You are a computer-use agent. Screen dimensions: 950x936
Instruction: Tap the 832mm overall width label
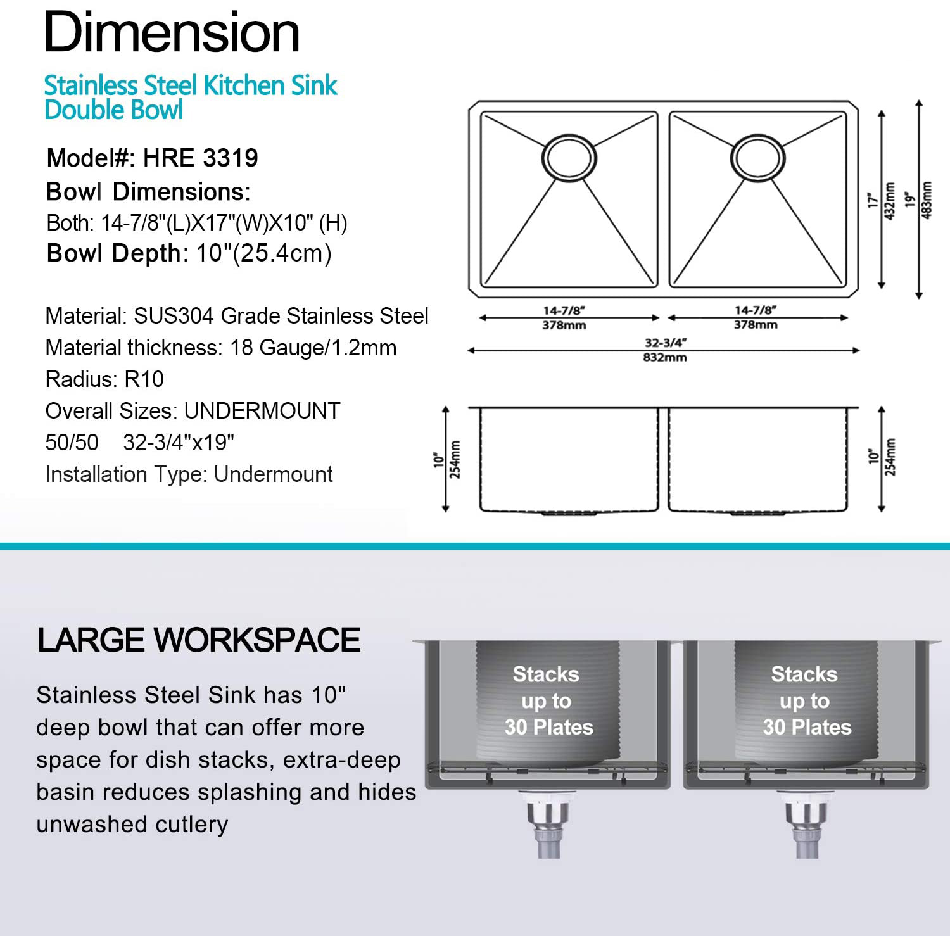click(x=665, y=358)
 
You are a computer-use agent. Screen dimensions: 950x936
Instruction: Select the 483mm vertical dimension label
click(x=927, y=200)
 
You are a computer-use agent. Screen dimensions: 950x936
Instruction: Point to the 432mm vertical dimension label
click(x=890, y=201)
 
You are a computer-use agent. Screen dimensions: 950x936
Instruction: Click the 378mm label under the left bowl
click(x=564, y=326)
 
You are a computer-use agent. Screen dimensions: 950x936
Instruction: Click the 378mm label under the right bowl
click(x=756, y=325)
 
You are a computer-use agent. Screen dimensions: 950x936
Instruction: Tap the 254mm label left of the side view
click(x=455, y=459)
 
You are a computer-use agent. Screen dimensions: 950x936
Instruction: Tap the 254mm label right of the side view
click(x=890, y=457)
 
